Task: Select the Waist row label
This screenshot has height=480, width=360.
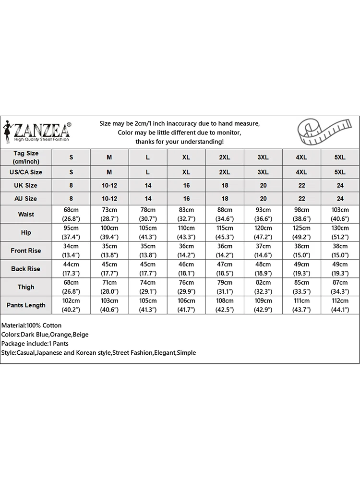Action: (x=26, y=215)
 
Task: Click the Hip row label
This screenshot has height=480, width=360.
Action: (x=26, y=232)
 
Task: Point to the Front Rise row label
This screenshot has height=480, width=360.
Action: (x=26, y=251)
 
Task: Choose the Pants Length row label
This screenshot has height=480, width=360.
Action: (x=26, y=305)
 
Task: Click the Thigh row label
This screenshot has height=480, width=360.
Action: (x=26, y=287)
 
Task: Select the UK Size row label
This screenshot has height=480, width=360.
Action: (x=26, y=185)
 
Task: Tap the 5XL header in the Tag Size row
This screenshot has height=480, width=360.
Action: (x=340, y=157)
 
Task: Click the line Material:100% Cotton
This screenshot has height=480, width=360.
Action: (x=32, y=325)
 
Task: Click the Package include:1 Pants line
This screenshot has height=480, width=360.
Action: (x=35, y=344)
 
